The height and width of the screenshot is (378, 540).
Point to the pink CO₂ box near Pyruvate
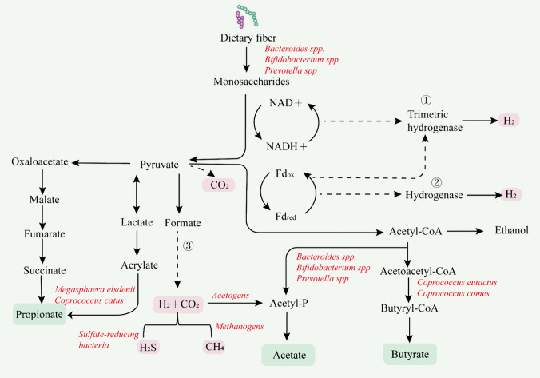[x=217, y=185]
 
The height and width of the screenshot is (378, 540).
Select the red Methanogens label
[x=243, y=326]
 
